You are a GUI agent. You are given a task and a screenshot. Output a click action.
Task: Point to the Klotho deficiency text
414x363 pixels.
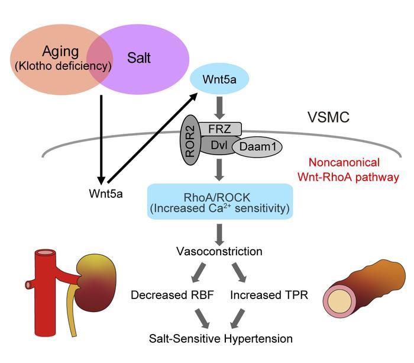click(63, 65)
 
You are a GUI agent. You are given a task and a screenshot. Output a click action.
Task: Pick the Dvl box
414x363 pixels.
click(220, 144)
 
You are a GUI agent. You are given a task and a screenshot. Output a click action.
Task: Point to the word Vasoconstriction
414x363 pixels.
click(219, 252)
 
